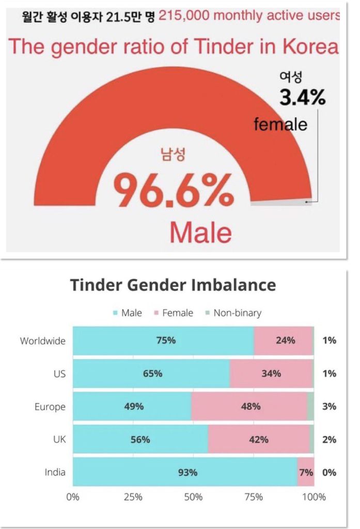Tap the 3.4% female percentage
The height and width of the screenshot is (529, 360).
coord(302,97)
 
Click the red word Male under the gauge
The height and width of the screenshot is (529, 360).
coord(200,232)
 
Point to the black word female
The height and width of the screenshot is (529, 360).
coord(280,124)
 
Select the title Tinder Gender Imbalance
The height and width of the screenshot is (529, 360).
coord(173,285)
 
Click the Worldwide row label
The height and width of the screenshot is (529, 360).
coord(43,341)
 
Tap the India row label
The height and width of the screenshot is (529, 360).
coord(55,472)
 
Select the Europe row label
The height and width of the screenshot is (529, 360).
coord(50,407)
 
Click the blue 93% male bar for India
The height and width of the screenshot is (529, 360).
coord(184,472)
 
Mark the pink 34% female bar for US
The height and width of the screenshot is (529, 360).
coord(271,374)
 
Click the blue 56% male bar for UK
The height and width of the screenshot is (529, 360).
coord(140,440)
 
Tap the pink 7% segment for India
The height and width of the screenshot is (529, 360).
coord(305,472)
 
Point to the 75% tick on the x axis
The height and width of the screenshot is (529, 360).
coord(254,497)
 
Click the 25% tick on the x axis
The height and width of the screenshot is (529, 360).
coord(133,497)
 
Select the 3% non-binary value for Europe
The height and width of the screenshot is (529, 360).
coord(329,407)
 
